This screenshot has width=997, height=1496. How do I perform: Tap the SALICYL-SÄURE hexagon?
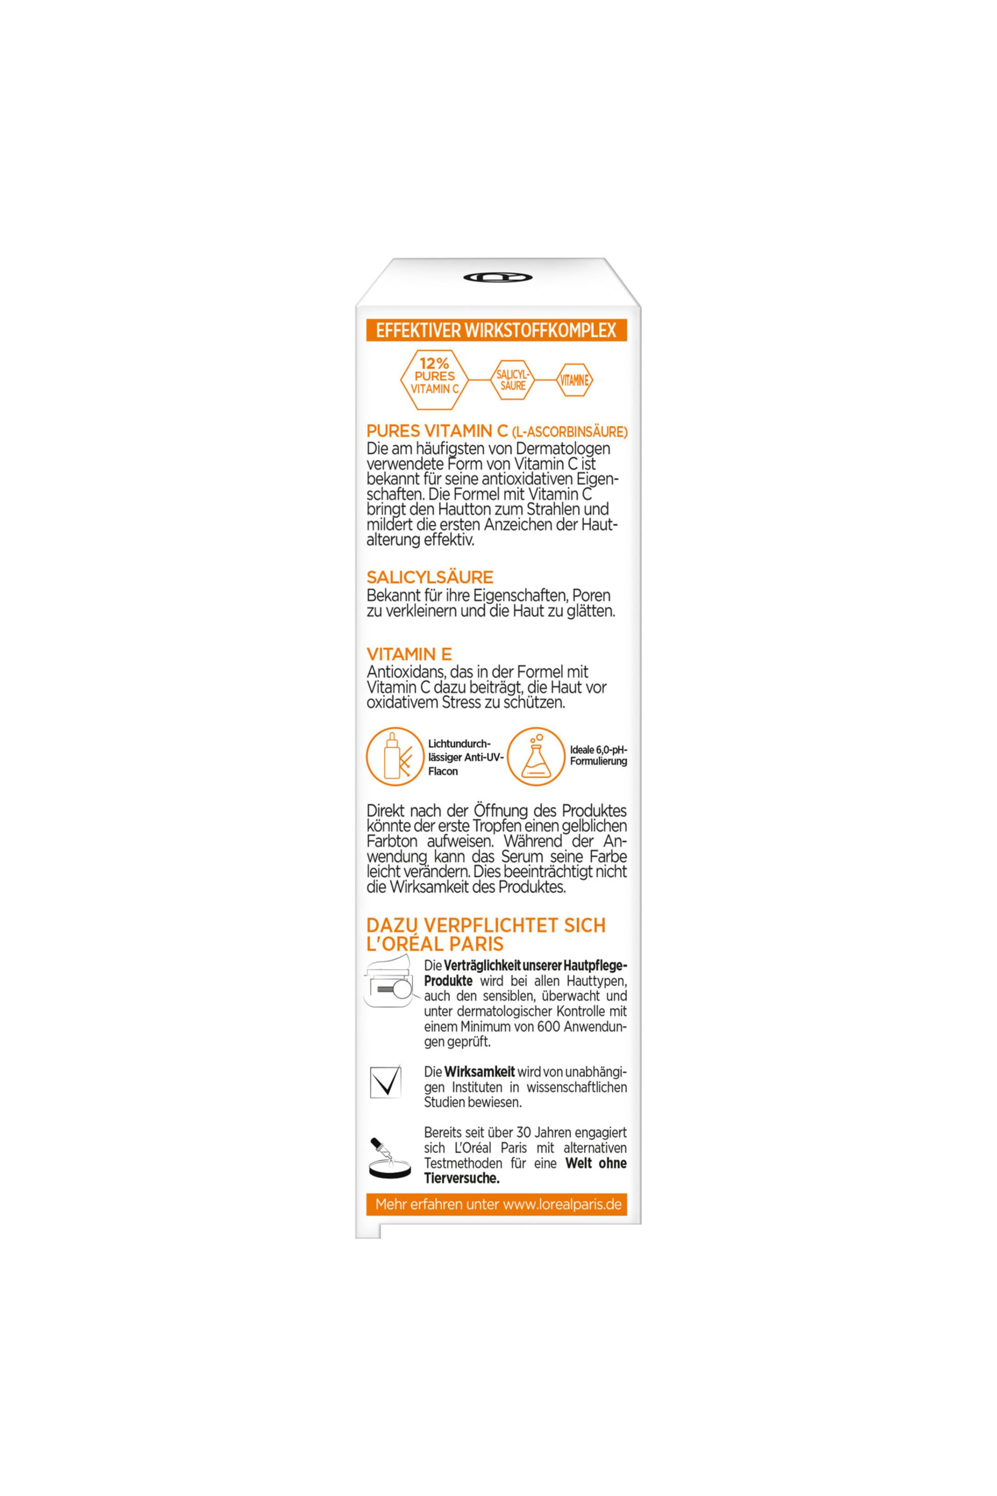512,380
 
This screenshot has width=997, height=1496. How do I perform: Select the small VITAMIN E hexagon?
574,380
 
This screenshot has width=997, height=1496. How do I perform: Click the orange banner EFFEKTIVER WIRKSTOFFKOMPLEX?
497,330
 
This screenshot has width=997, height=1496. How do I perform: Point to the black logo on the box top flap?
497,277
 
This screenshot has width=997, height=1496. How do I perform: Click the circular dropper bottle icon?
395,756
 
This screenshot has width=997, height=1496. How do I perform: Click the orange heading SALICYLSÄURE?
430,577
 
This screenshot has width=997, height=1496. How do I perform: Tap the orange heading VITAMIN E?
409,653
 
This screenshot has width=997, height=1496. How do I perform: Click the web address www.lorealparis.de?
562,1204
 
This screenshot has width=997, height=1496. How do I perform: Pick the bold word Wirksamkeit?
480,1072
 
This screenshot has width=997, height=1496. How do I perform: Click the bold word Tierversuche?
462,1178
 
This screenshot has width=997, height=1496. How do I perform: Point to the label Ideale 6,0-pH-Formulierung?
598,756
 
